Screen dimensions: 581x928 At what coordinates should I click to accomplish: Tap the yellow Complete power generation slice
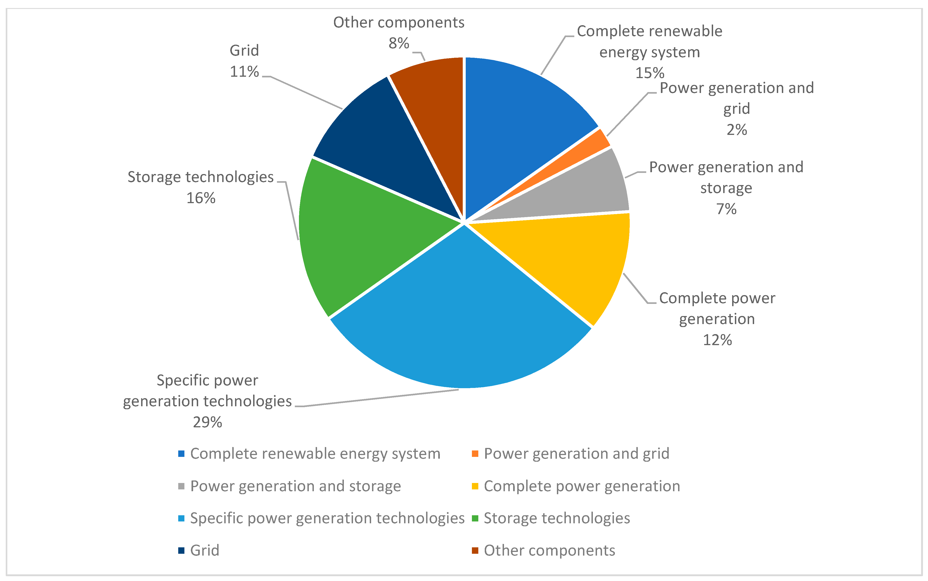pyautogui.click(x=576, y=261)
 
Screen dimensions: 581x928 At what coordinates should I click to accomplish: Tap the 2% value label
pyautogui.click(x=737, y=130)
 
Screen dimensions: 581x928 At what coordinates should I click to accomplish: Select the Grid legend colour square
pyautogui.click(x=181, y=551)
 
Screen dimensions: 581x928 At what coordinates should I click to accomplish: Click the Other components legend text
pyautogui.click(x=550, y=551)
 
